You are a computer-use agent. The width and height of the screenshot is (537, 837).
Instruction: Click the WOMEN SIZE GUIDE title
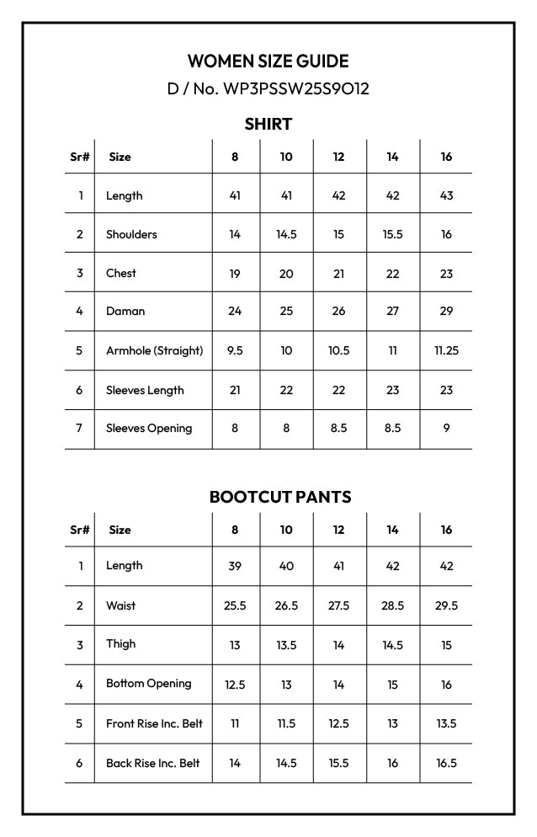pyautogui.click(x=268, y=61)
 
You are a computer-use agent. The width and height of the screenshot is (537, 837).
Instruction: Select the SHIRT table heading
pyautogui.click(x=268, y=125)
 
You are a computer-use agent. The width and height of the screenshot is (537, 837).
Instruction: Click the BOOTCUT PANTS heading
pyautogui.click(x=279, y=497)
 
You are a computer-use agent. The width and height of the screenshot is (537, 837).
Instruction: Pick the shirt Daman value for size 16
pyautogui.click(x=446, y=312)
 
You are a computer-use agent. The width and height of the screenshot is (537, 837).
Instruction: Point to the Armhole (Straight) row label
pyautogui.click(x=155, y=350)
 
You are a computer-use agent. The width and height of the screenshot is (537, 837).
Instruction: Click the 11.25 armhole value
pyautogui.click(x=446, y=350)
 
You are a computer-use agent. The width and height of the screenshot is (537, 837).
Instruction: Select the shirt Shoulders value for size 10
pyautogui.click(x=286, y=235)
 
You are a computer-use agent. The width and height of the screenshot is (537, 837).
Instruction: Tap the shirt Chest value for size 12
pyautogui.click(x=338, y=274)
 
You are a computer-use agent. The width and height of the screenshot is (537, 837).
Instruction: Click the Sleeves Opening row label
pyautogui.click(x=149, y=429)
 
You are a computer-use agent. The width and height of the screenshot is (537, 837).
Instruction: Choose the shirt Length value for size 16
pyautogui.click(x=446, y=195)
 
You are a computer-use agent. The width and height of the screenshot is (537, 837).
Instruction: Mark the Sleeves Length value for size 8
pyautogui.click(x=235, y=390)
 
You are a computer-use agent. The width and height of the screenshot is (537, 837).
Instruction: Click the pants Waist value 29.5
pyautogui.click(x=446, y=606)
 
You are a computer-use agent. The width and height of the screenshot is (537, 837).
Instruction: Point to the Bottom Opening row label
pyautogui.click(x=149, y=684)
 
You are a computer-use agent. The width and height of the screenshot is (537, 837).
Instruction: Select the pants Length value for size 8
pyautogui.click(x=235, y=566)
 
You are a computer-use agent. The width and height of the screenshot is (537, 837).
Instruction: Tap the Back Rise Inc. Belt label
pyautogui.click(x=153, y=764)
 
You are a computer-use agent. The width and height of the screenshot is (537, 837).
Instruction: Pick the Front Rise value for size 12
pyautogui.click(x=338, y=724)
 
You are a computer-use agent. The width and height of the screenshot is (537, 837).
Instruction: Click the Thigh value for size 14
pyautogui.click(x=392, y=646)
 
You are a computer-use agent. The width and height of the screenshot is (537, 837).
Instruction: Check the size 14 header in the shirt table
pyautogui.click(x=392, y=157)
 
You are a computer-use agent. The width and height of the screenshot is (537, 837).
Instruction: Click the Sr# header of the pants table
pyautogui.click(x=80, y=530)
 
